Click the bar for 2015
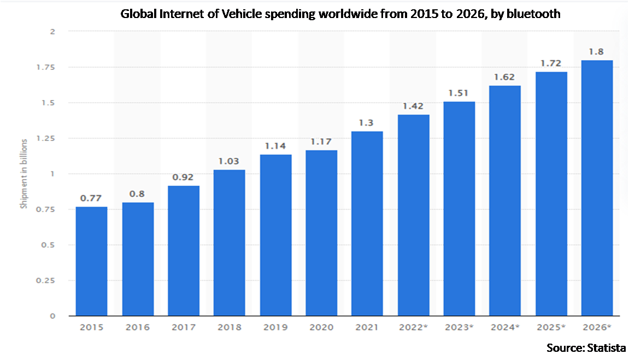coord(91,261)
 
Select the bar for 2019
coord(275,235)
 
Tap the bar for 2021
coord(367,223)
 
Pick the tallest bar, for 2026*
coord(597,188)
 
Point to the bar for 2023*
coord(459,209)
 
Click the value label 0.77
coord(91,198)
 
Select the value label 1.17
coord(321,141)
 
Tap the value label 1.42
coord(413,106)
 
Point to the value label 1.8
coord(597,51)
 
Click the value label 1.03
coord(230,161)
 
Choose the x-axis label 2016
coord(137,328)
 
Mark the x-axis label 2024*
coord(505,328)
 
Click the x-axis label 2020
coord(321,328)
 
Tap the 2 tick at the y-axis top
coord(52,32)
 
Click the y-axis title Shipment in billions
coord(23,174)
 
